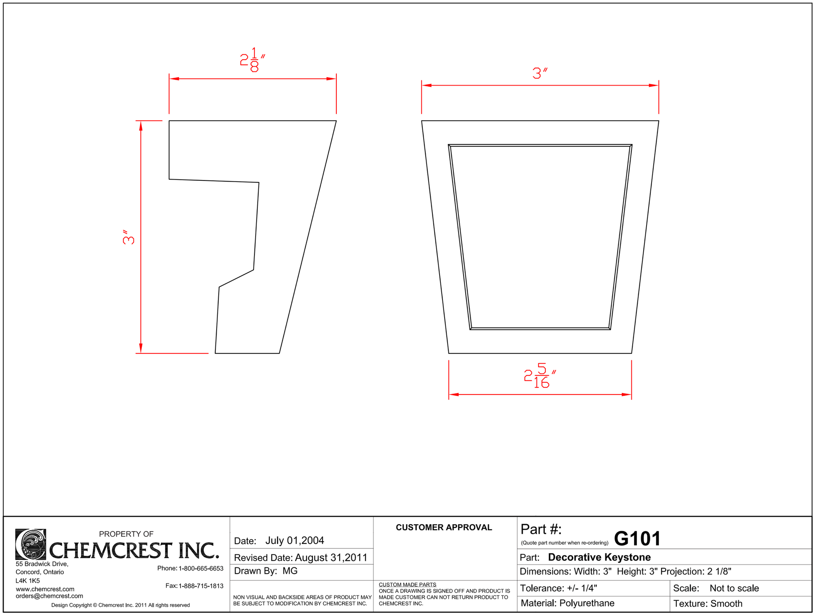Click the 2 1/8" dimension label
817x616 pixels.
[252, 60]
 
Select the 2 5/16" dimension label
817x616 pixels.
[540, 376]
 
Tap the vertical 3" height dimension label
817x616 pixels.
[129, 237]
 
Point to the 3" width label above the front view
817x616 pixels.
[540, 73]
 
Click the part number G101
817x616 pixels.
[637, 539]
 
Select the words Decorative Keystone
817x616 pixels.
[599, 557]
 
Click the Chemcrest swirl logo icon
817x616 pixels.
[30, 544]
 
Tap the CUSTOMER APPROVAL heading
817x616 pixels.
[444, 527]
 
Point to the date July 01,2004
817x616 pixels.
[294, 540]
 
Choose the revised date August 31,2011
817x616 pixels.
[331, 558]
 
